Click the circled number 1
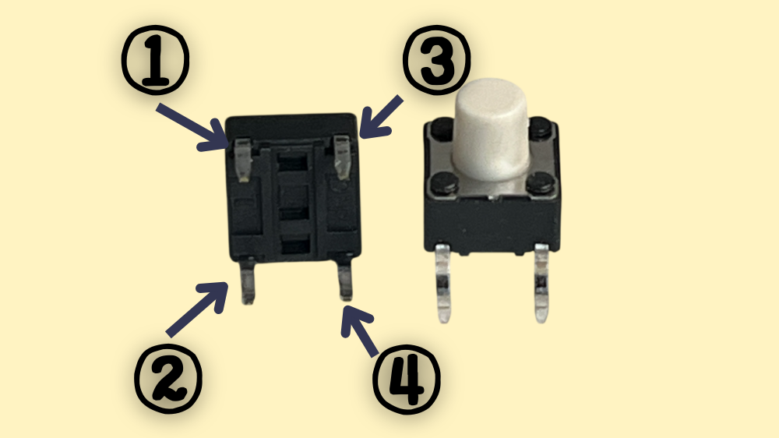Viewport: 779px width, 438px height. [156, 60]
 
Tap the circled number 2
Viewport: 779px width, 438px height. [168, 380]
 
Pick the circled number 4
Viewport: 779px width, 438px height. [407, 380]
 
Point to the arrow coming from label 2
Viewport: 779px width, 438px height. [197, 309]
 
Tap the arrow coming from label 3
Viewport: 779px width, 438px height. [381, 118]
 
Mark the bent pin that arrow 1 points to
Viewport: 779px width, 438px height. [242, 160]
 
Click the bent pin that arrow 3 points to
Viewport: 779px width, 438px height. [342, 157]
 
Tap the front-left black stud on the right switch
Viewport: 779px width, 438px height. [445, 182]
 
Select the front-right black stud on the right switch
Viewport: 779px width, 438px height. [538, 183]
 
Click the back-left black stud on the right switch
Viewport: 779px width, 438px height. [442, 129]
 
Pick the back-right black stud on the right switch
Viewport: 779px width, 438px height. [540, 128]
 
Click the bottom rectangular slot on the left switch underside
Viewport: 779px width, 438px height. [295, 246]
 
